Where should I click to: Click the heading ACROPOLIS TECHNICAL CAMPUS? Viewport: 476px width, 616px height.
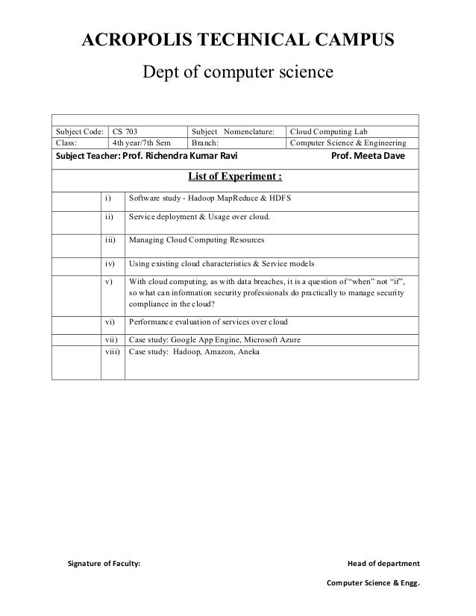237,41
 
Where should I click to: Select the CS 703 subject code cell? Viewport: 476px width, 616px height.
125,130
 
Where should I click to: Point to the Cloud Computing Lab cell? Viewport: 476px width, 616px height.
328,130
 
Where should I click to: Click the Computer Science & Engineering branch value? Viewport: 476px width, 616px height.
347,142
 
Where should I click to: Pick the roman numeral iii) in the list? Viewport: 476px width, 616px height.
112,242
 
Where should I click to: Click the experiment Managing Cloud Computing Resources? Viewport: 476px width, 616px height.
196,242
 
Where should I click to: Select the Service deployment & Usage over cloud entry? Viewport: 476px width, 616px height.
199,218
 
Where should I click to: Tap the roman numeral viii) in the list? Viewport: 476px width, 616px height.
112,351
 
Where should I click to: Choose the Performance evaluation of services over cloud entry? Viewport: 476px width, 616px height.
209,321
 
